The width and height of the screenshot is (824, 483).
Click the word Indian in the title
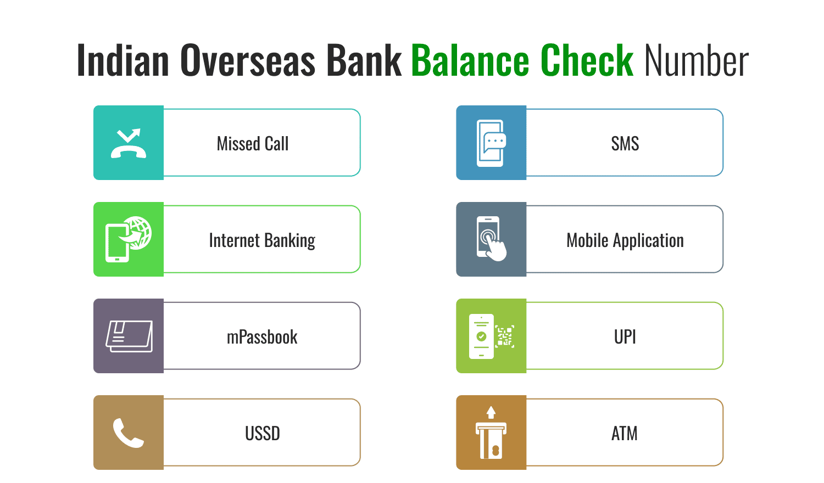(x=123, y=60)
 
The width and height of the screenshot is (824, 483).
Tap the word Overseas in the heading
(x=248, y=60)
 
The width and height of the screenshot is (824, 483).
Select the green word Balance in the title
(x=470, y=60)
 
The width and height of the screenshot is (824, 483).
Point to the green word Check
(x=587, y=60)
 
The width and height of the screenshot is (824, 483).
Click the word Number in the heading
(x=697, y=60)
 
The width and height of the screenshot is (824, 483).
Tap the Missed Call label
(x=253, y=143)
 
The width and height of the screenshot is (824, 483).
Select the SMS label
(x=625, y=143)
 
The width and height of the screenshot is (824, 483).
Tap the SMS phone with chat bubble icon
(x=491, y=143)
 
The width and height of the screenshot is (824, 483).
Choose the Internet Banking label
(x=262, y=240)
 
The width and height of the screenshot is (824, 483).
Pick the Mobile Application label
(x=625, y=240)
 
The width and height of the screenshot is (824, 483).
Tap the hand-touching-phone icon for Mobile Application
(x=491, y=239)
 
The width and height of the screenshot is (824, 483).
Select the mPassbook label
(x=262, y=337)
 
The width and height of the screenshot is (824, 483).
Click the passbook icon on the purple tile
(x=129, y=336)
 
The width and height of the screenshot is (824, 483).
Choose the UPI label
(x=625, y=336)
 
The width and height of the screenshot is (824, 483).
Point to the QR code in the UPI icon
(x=504, y=336)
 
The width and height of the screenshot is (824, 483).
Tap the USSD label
(x=262, y=434)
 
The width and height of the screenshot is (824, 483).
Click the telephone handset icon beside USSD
(x=128, y=433)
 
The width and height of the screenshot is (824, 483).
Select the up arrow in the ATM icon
(x=491, y=412)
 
